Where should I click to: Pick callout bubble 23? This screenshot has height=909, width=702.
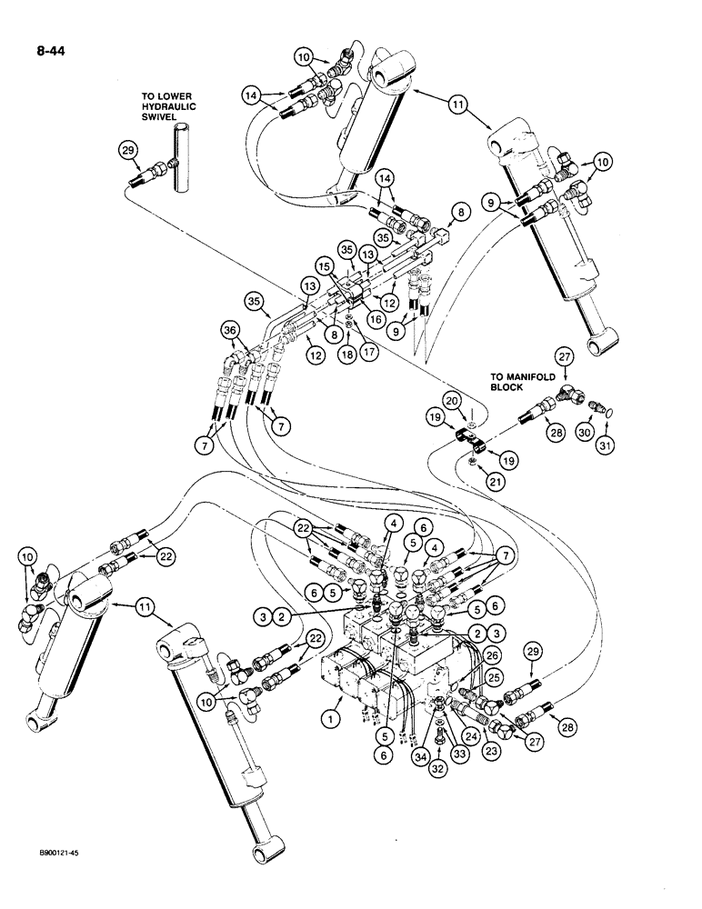point(493,751)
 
